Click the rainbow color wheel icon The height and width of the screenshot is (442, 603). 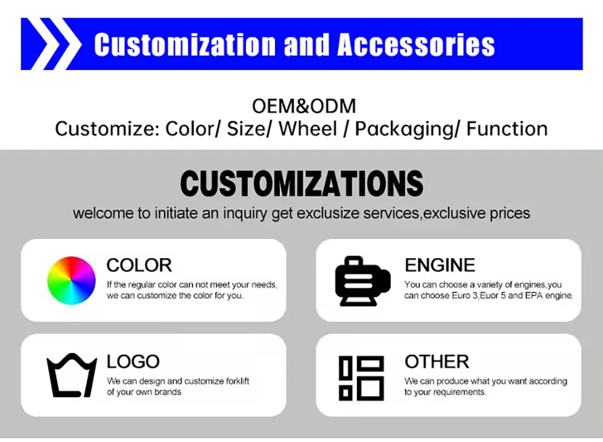(71, 280)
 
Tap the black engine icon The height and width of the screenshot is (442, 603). (362, 281)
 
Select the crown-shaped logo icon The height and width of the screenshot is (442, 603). (72, 375)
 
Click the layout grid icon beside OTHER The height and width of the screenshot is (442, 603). (361, 377)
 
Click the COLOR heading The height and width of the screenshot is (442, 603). (139, 265)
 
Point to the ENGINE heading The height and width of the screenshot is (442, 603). (440, 265)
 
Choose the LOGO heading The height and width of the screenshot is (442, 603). (133, 362)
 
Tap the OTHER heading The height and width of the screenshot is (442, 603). (437, 362)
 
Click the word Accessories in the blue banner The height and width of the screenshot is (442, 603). (416, 45)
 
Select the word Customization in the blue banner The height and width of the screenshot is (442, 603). (184, 45)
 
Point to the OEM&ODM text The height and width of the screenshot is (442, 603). (304, 107)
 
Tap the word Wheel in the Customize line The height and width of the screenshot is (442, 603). (308, 129)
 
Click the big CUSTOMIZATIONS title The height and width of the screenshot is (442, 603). (301, 183)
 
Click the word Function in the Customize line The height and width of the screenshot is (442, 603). (507, 129)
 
